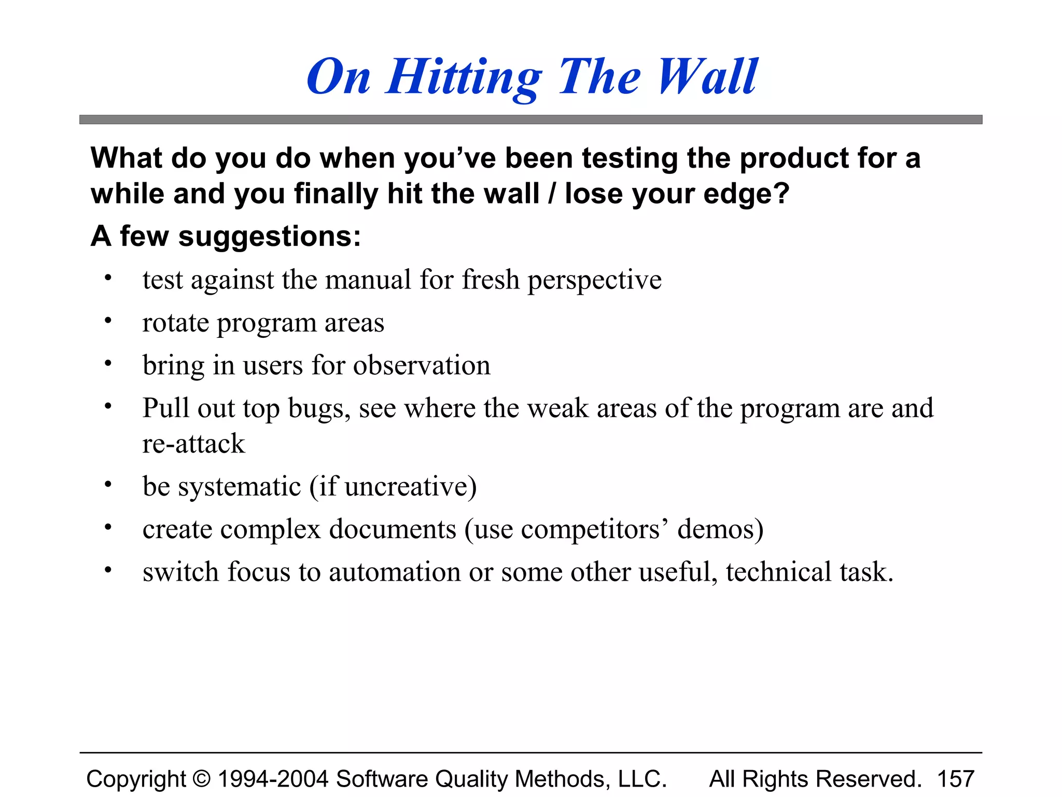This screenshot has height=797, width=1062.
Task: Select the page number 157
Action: (x=956, y=779)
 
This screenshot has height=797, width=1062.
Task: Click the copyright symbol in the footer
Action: (x=202, y=779)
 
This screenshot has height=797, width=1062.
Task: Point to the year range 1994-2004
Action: (x=273, y=779)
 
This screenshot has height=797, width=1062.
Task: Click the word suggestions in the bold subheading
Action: (x=269, y=237)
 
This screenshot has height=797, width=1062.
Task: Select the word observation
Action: (x=422, y=365)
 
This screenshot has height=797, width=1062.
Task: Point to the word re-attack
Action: (x=193, y=444)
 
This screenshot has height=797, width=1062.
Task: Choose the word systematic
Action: (x=240, y=487)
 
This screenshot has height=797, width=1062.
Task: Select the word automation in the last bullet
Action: (x=395, y=572)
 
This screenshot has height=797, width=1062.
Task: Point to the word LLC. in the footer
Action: (x=642, y=779)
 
